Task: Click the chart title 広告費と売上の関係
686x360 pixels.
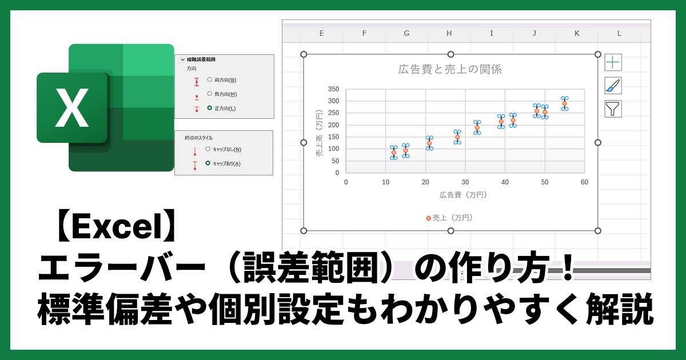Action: click(x=450, y=70)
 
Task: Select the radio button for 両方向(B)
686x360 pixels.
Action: click(x=210, y=80)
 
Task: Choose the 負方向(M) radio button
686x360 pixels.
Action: click(x=210, y=94)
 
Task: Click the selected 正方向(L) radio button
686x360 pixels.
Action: click(x=210, y=107)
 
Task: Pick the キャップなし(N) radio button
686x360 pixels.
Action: click(x=208, y=150)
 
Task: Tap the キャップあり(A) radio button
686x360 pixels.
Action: click(x=208, y=163)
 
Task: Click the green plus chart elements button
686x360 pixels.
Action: click(x=613, y=62)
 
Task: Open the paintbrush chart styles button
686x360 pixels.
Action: click(x=613, y=86)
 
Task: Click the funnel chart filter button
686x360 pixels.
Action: click(x=613, y=109)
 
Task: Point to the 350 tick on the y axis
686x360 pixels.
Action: click(x=333, y=89)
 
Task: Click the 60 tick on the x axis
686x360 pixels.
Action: click(x=584, y=182)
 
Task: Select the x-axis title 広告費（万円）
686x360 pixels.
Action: click(x=464, y=195)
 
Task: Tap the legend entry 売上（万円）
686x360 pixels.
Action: click(x=449, y=218)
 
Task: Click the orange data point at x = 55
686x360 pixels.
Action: click(x=564, y=104)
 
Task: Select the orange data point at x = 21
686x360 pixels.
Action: click(x=429, y=143)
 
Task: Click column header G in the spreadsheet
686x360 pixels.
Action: click(x=406, y=33)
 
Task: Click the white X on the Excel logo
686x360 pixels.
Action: click(x=72, y=107)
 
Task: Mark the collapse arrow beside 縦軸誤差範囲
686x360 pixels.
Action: click(x=182, y=59)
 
